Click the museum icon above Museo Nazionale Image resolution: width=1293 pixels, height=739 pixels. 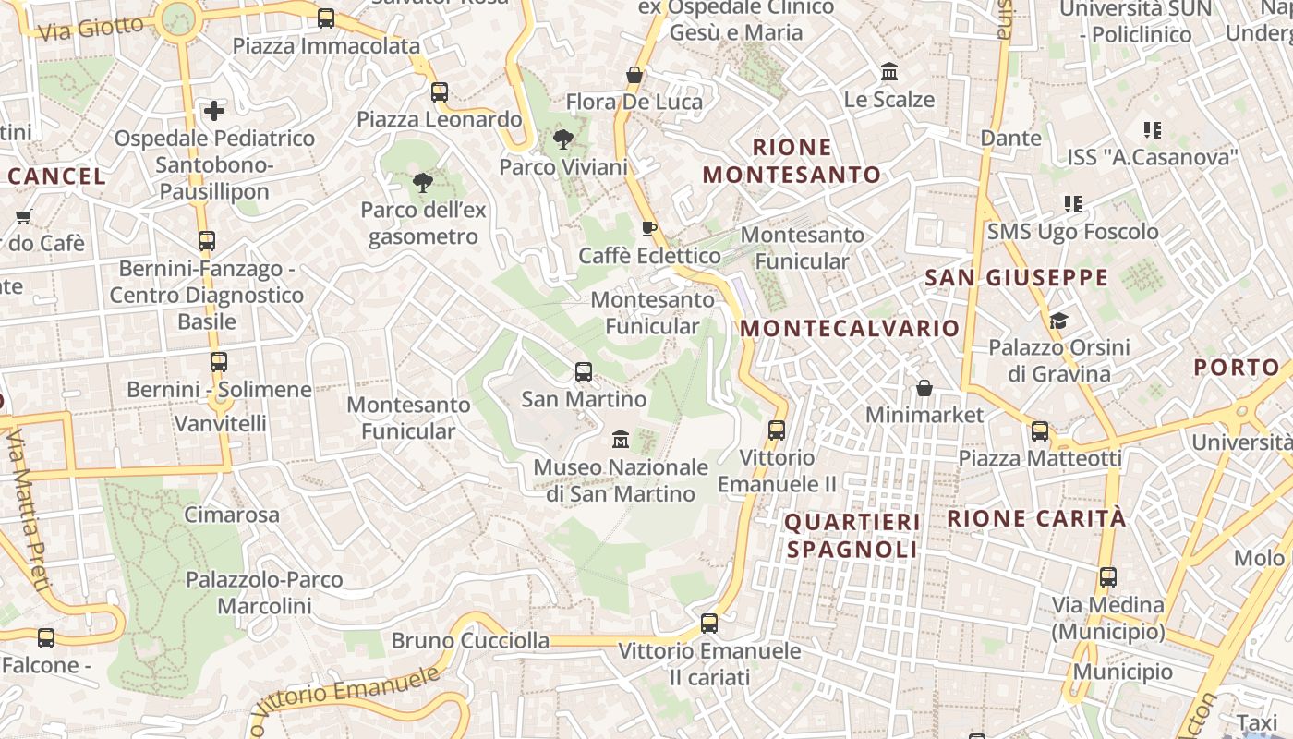pos(621,439)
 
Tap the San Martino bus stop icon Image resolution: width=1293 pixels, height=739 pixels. pos(584,372)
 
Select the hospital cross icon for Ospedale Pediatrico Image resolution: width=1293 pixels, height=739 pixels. pos(214,111)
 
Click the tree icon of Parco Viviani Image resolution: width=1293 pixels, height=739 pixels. pos(562,140)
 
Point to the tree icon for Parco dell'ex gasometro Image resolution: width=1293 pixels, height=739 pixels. pos(423,183)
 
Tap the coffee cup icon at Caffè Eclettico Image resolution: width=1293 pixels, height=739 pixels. pos(649,228)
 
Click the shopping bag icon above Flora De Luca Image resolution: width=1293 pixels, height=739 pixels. pos(634,75)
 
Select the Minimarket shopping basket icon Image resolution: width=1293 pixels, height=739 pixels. pos(924,388)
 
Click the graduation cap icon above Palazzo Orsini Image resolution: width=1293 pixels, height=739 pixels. pos(1058,321)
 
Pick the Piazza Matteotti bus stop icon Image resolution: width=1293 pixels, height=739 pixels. pos(1040,431)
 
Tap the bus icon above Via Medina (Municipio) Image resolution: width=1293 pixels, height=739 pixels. pos(1108,577)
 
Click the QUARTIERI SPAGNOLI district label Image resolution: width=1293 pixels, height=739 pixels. pos(852,536)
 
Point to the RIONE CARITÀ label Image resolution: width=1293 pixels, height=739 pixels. pos(1036,518)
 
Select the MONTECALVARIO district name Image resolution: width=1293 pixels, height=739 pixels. pos(850,329)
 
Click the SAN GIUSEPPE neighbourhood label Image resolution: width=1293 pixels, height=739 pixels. pos(1016,277)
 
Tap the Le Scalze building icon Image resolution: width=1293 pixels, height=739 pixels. pos(889,72)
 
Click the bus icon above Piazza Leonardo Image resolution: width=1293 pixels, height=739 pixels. pos(440,92)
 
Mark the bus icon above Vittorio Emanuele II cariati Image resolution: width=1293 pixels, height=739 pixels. pos(709,624)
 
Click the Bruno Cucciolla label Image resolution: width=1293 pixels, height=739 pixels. pos(470,641)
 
